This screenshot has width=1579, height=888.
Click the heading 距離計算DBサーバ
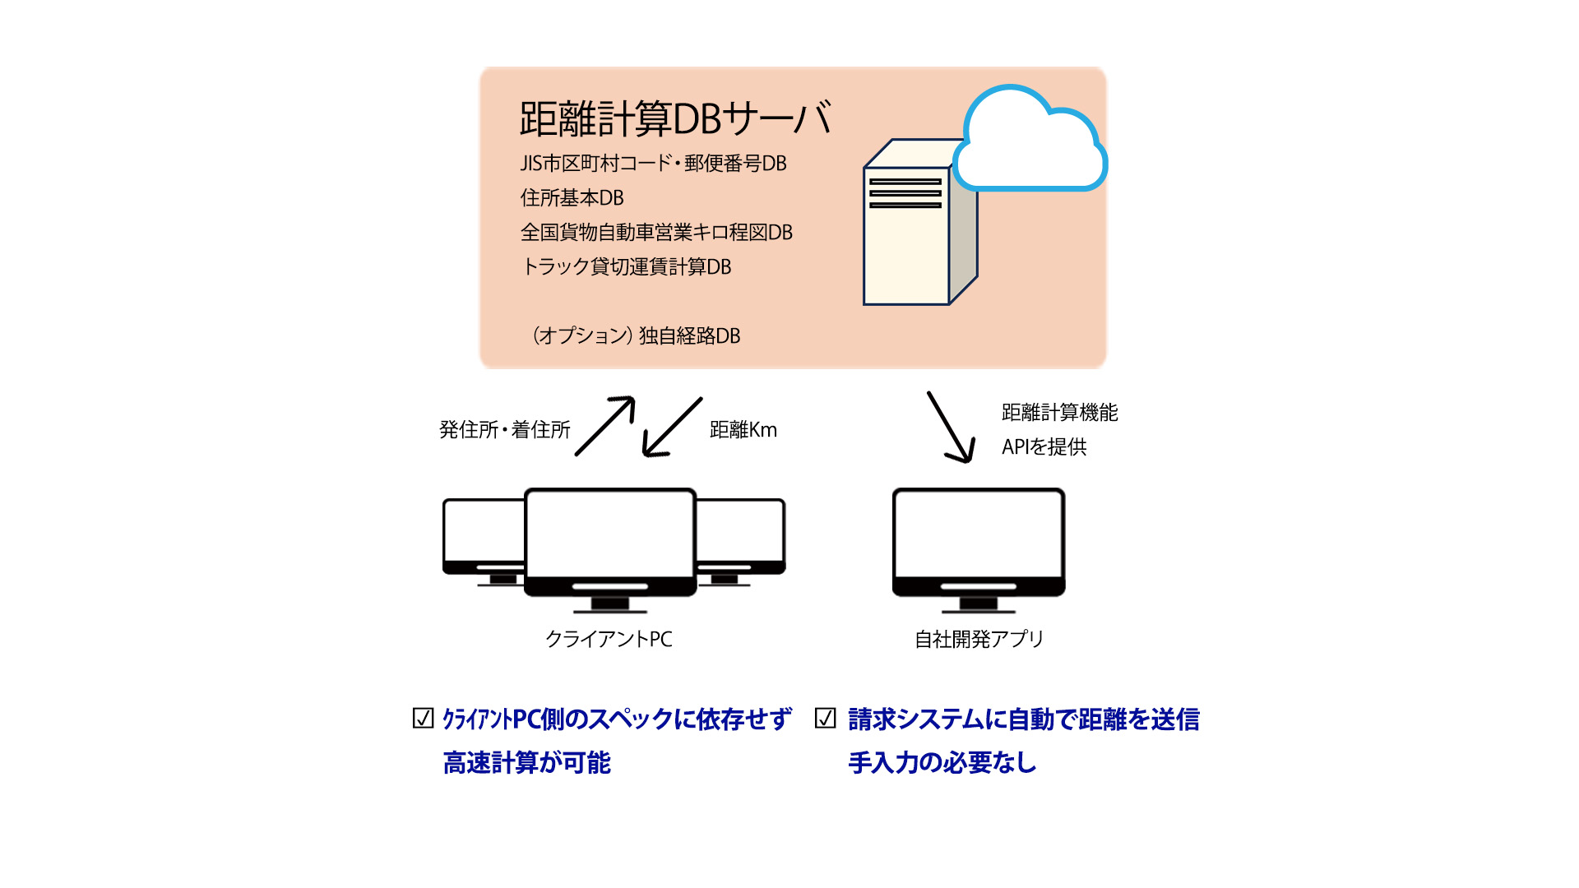click(x=675, y=119)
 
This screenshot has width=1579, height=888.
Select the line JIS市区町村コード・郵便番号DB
click(x=653, y=164)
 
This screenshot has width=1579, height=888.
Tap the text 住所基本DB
click(x=572, y=198)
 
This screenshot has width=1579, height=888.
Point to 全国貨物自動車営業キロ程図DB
click(x=656, y=233)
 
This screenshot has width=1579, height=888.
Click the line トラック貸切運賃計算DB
click(x=626, y=267)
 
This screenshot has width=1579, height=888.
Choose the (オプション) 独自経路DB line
click(x=636, y=335)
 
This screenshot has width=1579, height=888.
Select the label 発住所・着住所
click(x=504, y=429)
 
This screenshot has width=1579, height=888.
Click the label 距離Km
click(x=743, y=429)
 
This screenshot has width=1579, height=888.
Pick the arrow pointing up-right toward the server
click(x=605, y=425)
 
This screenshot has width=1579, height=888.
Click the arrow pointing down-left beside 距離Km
click(x=672, y=427)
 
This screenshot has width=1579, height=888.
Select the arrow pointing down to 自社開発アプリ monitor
click(x=952, y=428)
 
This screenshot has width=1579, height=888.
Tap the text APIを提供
click(x=1044, y=446)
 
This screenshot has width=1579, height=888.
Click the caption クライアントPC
click(x=609, y=639)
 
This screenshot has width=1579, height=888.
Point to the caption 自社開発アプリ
click(x=979, y=639)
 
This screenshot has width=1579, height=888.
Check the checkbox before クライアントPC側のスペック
click(x=423, y=719)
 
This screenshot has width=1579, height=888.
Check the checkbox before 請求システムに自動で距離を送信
click(x=825, y=719)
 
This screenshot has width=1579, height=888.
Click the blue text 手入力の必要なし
click(x=942, y=762)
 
